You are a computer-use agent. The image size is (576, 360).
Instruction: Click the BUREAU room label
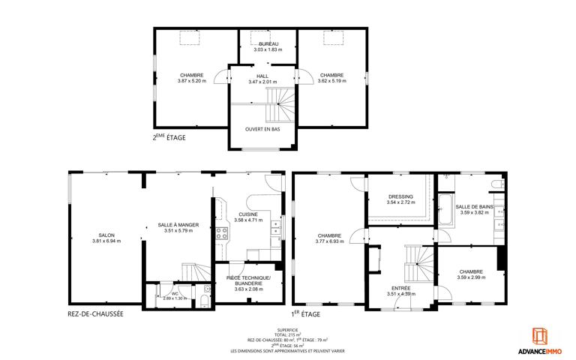(x=268, y=44)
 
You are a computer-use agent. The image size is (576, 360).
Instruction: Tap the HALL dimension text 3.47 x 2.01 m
(x=262, y=82)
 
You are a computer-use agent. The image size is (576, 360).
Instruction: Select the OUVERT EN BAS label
(x=262, y=129)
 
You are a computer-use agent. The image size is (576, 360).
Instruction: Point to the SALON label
(x=106, y=235)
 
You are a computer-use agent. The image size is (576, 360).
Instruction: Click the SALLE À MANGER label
(x=178, y=225)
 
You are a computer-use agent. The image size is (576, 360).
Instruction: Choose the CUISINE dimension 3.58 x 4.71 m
(x=248, y=220)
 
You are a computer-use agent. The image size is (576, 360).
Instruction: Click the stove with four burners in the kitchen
(x=221, y=233)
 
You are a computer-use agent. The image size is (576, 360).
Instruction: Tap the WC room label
(x=175, y=293)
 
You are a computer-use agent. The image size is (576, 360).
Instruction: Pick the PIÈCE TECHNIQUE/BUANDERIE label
(x=249, y=280)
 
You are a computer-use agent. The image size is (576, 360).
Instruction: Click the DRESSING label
(x=400, y=196)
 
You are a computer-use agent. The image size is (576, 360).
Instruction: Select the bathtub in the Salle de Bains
(x=446, y=209)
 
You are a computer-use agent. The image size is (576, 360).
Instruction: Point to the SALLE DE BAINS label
(x=474, y=207)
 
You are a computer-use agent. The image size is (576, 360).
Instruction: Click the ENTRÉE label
(x=401, y=288)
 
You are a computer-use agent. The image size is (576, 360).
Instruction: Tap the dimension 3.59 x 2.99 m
(x=471, y=277)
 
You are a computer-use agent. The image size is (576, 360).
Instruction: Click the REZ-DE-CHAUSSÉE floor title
(x=95, y=314)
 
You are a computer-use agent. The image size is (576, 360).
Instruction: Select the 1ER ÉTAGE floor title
(x=306, y=314)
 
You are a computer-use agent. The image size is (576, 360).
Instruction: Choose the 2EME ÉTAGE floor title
(x=169, y=137)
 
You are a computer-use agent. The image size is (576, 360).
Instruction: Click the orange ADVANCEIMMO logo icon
(x=540, y=336)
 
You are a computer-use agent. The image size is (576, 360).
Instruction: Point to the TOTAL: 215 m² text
(x=288, y=335)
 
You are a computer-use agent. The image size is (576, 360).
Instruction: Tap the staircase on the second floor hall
(x=280, y=105)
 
